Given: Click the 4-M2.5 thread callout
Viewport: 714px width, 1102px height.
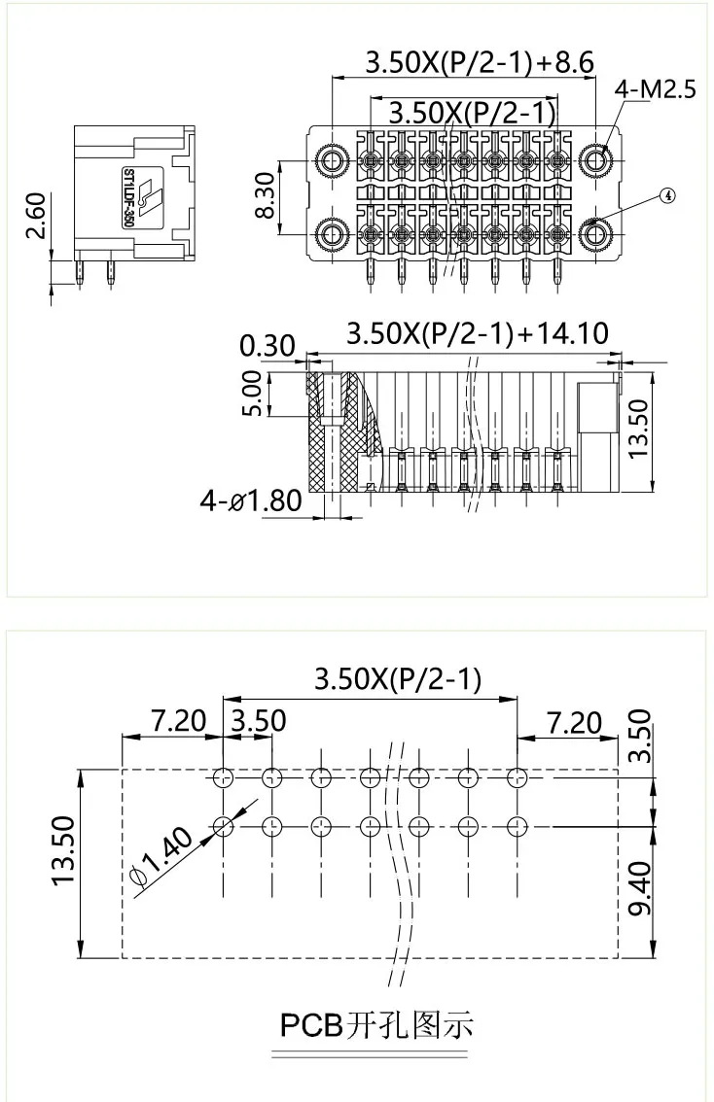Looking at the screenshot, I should click(655, 91).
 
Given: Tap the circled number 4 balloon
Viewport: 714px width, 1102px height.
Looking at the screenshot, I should click(666, 193).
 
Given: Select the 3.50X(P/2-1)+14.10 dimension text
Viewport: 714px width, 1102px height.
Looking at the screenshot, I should click(478, 334).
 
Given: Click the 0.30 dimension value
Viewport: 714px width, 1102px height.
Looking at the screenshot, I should click(266, 346).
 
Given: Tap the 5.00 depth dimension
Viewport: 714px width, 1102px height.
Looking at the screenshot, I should click(252, 393).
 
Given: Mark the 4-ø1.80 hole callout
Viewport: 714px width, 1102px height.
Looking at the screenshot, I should click(251, 501).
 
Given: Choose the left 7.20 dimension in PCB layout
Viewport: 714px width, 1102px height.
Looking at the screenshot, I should click(179, 721).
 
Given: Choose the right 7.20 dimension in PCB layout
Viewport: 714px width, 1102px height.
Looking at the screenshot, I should click(575, 721).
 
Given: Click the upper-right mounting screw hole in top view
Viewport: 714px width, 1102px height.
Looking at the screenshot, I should click(593, 159).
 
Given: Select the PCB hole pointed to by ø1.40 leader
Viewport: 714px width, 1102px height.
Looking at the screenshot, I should click(223, 826).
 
